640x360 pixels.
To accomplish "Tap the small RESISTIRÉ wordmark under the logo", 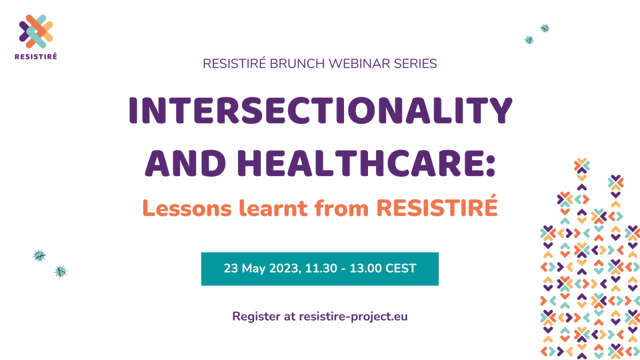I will point(36,56).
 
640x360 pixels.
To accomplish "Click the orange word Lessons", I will point(187,207).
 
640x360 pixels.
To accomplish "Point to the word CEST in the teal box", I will point(400,268).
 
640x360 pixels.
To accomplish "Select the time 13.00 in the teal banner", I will point(366,268).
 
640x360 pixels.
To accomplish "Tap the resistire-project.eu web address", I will point(353,316).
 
